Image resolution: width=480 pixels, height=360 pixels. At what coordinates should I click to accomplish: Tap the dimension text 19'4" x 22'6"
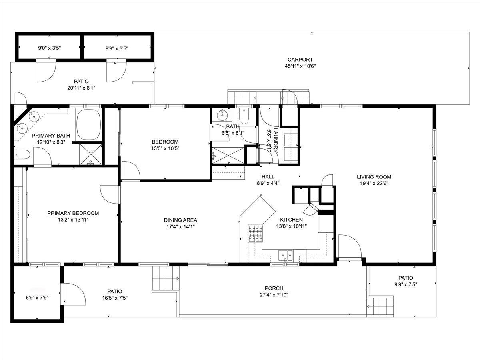[x=374, y=183]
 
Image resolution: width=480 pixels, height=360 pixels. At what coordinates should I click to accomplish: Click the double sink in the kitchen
[x=286, y=255]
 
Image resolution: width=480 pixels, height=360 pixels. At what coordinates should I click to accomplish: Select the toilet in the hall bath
[x=244, y=116]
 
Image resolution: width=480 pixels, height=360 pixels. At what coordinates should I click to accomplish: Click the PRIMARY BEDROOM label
[x=73, y=213]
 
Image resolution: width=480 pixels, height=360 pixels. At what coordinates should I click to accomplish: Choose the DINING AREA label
[x=180, y=220]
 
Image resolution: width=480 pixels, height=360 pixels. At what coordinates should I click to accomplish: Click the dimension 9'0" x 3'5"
[x=49, y=48]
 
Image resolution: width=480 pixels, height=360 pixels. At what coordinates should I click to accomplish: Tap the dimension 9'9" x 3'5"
[x=117, y=48]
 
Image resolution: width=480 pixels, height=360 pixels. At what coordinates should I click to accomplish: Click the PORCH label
[x=274, y=288]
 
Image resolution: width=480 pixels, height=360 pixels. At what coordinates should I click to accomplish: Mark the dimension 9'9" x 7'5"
[x=405, y=284]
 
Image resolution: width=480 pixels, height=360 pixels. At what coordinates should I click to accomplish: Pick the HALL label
[x=268, y=176]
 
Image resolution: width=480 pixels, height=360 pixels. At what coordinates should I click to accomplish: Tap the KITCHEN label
[x=291, y=220]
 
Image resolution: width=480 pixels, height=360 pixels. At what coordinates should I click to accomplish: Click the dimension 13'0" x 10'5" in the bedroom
[x=165, y=148]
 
